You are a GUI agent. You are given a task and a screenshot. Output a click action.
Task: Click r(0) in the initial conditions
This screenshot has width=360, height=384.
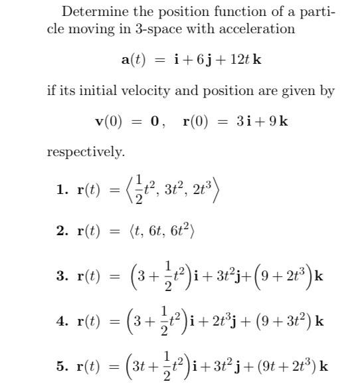(199, 122)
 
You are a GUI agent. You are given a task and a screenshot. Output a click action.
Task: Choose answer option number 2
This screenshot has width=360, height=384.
(62, 231)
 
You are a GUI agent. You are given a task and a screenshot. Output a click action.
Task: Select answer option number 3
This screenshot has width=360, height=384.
(62, 275)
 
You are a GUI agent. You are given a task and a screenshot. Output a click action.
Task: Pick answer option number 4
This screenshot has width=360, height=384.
(62, 321)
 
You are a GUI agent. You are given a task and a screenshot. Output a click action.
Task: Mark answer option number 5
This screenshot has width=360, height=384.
(62, 366)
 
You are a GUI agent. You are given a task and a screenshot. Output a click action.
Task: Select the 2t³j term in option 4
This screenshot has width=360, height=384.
(229, 321)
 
